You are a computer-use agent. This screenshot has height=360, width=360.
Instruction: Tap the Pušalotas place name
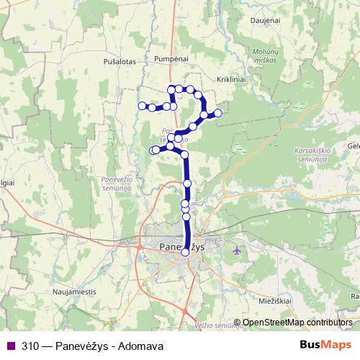coord(120,63)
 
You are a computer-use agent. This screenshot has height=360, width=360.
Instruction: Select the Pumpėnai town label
coord(171,55)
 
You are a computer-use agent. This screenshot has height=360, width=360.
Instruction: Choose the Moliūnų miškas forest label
coord(266,58)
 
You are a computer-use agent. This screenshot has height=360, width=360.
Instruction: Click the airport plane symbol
coord(238,250)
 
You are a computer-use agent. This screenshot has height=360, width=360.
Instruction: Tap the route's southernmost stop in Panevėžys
coord(186,252)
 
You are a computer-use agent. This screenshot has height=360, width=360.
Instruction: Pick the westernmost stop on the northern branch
coord(141,105)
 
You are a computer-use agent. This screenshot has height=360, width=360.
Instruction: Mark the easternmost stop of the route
coord(217,112)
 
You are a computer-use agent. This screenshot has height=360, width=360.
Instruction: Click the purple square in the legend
coord(10,346)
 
